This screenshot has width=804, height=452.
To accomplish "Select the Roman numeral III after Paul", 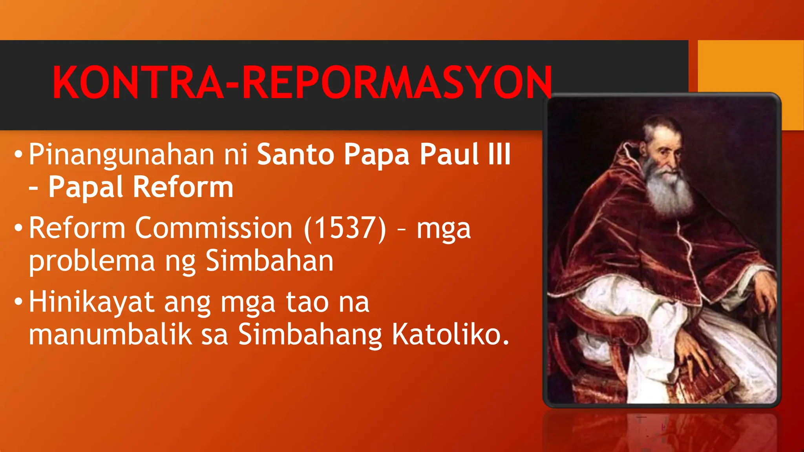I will point(499,154).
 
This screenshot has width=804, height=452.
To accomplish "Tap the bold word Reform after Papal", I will point(183,187).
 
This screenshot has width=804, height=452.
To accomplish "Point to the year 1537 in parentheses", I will point(345,228).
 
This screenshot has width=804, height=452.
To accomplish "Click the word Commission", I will point(214,228).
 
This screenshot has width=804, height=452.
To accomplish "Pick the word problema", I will point(92,262).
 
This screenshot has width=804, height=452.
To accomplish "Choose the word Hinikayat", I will point(91,302).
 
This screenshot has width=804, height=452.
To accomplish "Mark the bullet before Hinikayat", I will point(18,302).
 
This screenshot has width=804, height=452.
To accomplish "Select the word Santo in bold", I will point(296,154).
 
